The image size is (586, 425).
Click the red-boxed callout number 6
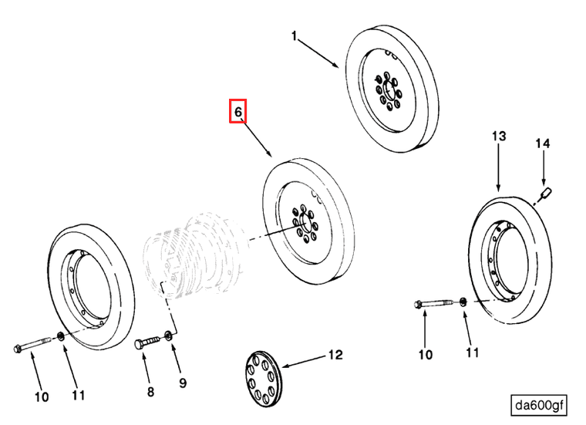(x=238, y=112)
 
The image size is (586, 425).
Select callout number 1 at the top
(x=294, y=35)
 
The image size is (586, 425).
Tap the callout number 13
(x=499, y=136)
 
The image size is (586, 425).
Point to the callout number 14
(x=543, y=143)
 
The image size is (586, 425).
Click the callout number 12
(x=335, y=356)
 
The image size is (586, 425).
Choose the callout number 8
(x=150, y=392)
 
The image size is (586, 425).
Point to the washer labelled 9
(x=169, y=336)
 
